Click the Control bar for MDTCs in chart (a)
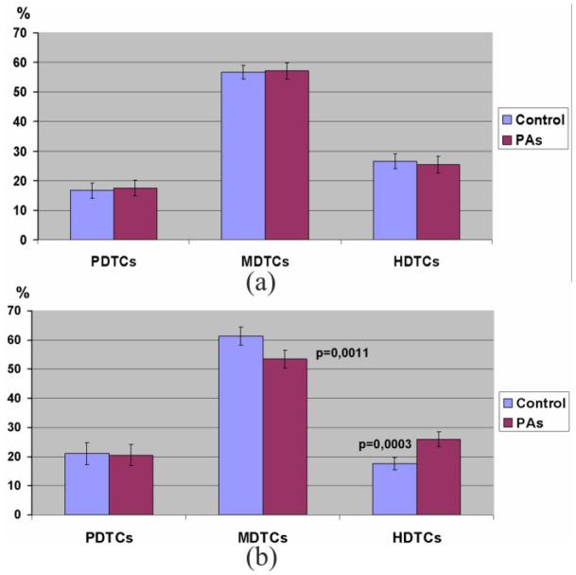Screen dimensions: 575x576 tap(243, 155)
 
